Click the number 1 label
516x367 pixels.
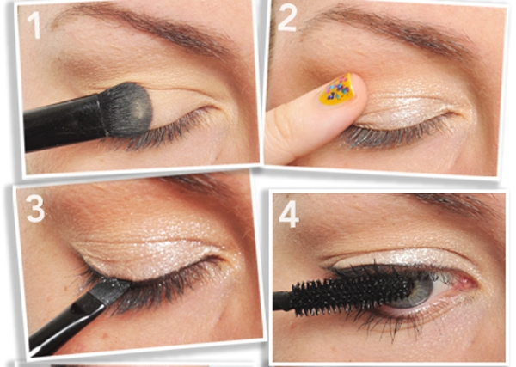click(x=34, y=26)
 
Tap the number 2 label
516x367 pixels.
click(x=287, y=18)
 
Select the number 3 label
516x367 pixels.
click(x=35, y=209)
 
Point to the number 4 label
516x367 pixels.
click(x=289, y=214)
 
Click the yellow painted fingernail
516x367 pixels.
click(x=338, y=89)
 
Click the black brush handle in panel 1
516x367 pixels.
click(x=62, y=122)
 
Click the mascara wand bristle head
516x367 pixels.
click(x=353, y=295)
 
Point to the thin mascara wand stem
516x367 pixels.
click(x=283, y=300)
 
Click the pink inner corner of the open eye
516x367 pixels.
click(x=465, y=281)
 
